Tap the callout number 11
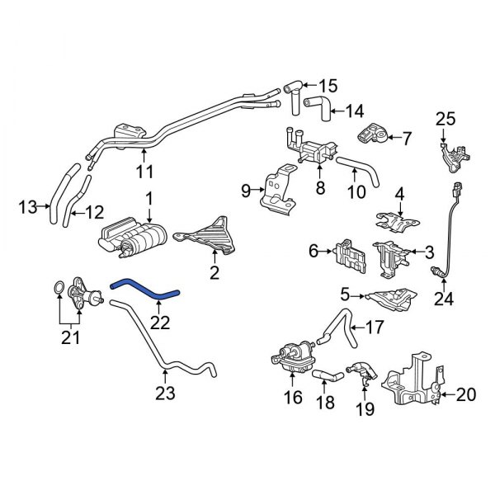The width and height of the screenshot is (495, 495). [144, 172]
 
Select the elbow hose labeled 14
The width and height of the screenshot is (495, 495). [317, 104]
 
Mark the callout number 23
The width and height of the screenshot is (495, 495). [167, 394]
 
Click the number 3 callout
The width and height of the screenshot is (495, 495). [428, 252]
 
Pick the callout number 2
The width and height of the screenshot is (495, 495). [214, 273]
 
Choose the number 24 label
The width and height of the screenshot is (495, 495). [444, 299]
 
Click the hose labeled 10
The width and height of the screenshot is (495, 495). [364, 168]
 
